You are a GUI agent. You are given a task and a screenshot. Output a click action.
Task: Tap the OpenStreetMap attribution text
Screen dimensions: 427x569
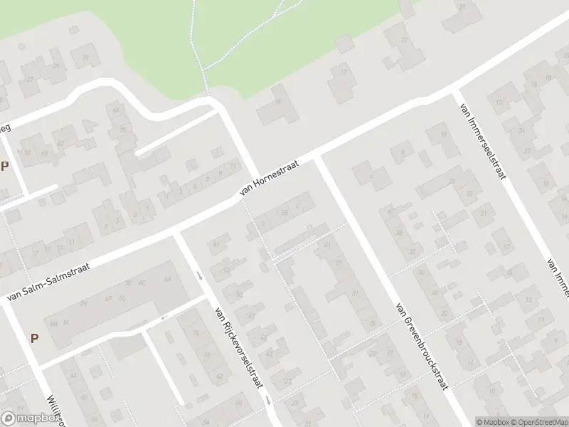click(x=538, y=421)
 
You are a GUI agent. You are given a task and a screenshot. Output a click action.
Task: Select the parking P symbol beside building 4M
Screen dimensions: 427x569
click(x=34, y=337)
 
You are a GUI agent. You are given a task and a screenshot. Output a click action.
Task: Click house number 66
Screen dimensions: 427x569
click(x=115, y=110)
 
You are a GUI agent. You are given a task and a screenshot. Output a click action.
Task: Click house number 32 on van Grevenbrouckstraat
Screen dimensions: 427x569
click(x=412, y=251)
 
